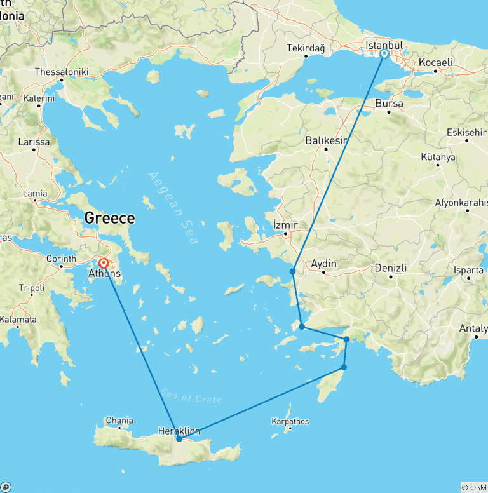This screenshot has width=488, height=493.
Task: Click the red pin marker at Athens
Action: coord(103,263)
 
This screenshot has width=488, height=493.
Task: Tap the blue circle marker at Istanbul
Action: coord(384,54)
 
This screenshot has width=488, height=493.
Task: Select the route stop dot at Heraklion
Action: coord(179,439)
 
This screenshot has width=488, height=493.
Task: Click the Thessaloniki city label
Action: coord(62,72)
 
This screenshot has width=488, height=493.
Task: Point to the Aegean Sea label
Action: coord(173,208)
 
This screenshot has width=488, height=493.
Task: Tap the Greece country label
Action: coord(109,219)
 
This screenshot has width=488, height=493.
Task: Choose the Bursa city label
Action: coord(390,104)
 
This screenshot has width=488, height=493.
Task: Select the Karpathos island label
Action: coord(290,421)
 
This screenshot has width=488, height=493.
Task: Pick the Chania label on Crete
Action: coord(119,421)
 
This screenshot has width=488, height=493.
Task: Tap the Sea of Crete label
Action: coord(191,395)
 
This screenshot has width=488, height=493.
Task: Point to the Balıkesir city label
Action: coord(326,140)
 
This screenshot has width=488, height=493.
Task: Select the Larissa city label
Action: coord(34,142)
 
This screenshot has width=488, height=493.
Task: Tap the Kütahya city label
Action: coord(438,157)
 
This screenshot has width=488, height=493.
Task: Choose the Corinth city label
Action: coord(62,259)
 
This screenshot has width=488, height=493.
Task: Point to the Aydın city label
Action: coord(323,264)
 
